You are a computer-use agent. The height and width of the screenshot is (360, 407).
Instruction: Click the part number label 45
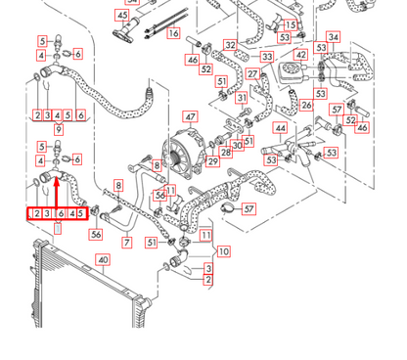coord(121,16)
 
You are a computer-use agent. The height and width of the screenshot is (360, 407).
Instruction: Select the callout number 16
coord(173,33)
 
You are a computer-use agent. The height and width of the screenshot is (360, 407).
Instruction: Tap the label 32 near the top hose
coord(230,45)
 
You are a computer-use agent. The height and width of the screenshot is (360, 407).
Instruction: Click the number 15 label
coord(290,24)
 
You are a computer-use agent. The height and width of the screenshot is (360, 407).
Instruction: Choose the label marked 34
coord(334,37)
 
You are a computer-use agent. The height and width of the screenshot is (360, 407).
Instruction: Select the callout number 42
coord(301,56)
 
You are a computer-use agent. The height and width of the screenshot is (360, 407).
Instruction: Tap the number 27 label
coord(252,74)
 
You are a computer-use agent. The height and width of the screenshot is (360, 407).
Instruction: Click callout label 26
coord(306,106)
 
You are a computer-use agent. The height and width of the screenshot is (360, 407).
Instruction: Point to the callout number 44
coord(281,127)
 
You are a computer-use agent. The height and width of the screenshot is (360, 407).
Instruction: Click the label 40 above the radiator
coord(103,259)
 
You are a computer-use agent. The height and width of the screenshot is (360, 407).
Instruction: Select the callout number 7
coord(126,242)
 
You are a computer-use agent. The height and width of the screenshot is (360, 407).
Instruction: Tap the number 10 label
coord(223,251)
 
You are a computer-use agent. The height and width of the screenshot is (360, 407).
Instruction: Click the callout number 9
coord(60,128)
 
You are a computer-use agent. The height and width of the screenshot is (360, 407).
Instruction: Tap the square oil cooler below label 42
coord(294,75)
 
